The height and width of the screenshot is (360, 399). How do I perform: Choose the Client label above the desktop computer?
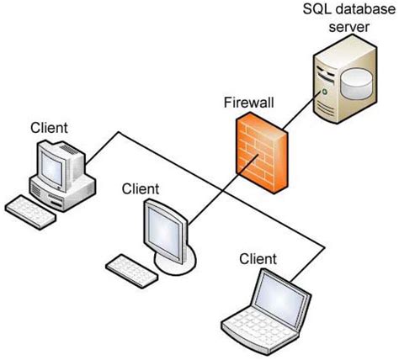(49, 128)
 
